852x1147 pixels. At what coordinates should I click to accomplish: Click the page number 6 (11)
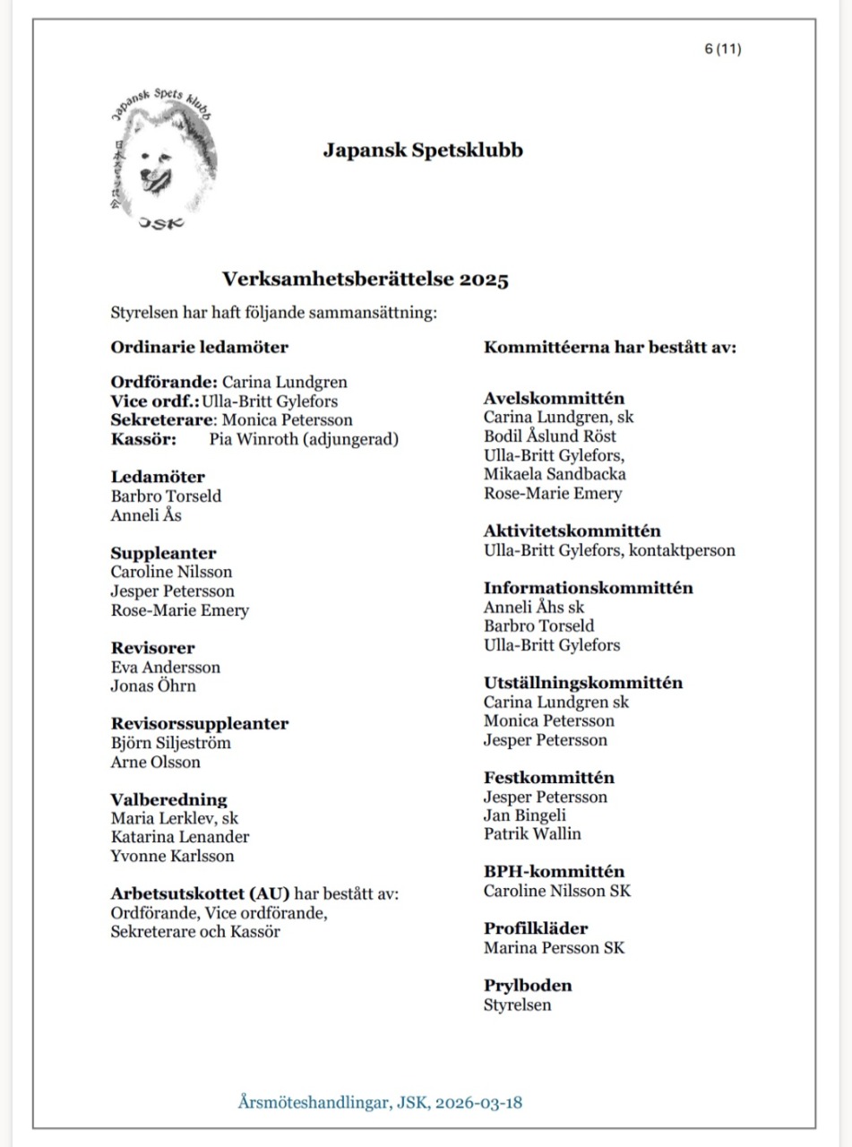pyautogui.click(x=722, y=49)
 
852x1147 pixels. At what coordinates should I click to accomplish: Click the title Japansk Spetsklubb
pyautogui.click(x=423, y=150)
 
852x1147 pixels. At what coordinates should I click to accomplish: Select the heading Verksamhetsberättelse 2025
pyautogui.click(x=366, y=280)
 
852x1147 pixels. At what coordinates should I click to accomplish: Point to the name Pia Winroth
pyautogui.click(x=254, y=439)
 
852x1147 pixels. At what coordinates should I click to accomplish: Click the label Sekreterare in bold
pyautogui.click(x=162, y=419)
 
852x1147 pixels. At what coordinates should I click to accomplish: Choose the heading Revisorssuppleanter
pyautogui.click(x=200, y=723)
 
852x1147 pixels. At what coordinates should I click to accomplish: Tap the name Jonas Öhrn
pyautogui.click(x=153, y=686)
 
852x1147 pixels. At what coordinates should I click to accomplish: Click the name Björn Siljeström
pyautogui.click(x=171, y=743)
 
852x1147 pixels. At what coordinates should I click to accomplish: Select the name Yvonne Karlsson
pyautogui.click(x=173, y=856)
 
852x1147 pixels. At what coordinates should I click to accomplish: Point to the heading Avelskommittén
pyautogui.click(x=555, y=398)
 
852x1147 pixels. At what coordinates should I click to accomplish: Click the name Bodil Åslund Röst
pyautogui.click(x=550, y=436)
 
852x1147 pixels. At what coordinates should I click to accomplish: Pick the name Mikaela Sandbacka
pyautogui.click(x=555, y=474)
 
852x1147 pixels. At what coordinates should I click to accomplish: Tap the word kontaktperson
pyautogui.click(x=683, y=550)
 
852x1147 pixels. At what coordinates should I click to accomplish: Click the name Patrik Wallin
pyautogui.click(x=532, y=834)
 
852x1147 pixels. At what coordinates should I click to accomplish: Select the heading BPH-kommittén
pyautogui.click(x=554, y=871)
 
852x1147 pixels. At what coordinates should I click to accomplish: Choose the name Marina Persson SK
pyautogui.click(x=554, y=947)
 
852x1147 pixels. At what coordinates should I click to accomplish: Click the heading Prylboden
pyautogui.click(x=528, y=985)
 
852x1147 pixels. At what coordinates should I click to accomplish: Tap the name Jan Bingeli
pyautogui.click(x=525, y=815)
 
